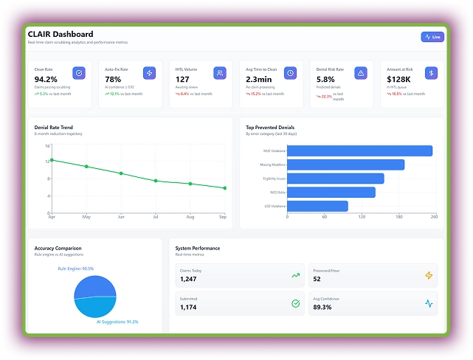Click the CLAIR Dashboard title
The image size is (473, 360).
pos(61,34)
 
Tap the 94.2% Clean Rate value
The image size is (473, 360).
pos(46,80)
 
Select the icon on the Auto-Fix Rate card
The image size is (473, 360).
pos(149,73)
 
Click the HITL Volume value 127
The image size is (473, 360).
pos(182,80)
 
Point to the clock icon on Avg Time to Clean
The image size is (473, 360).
pos(290,73)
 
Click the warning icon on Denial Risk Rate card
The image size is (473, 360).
pos(361,73)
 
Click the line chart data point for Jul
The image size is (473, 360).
pos(156,181)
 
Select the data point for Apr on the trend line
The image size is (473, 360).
pos(52,160)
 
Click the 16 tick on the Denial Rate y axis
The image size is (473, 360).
pos(46,146)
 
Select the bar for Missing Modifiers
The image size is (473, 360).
pos(345,165)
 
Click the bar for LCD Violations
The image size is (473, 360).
pos(317,207)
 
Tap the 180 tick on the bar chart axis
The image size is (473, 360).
pos(399,217)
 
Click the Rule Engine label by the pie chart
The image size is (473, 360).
pos(76,269)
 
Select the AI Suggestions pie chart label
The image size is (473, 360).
pos(117,322)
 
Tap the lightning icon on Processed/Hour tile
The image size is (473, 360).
pos(429,276)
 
